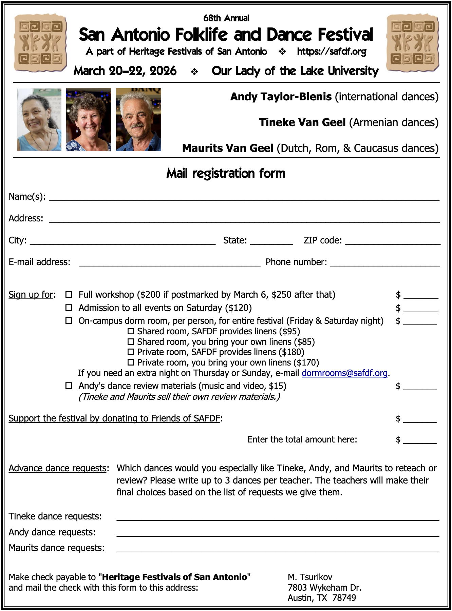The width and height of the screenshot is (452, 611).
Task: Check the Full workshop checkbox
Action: [x=69, y=294]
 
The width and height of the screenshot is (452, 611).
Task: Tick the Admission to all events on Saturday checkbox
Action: [x=69, y=308]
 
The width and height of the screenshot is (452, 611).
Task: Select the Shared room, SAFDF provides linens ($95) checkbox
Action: [x=131, y=331]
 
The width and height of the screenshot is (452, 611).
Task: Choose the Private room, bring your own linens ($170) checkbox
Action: [x=131, y=362]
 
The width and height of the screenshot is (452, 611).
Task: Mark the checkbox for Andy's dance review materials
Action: [x=69, y=386]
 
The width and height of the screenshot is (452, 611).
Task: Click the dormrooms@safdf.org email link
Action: [x=344, y=373]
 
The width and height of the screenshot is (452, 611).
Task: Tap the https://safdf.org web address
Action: [x=332, y=52]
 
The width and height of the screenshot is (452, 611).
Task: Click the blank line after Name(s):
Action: [x=244, y=198]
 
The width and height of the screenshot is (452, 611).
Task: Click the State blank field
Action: [x=271, y=241]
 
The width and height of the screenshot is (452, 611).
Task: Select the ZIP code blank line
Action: [x=393, y=241]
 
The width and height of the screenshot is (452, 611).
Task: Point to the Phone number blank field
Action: [x=385, y=263]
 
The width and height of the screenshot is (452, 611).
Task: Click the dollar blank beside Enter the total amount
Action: [x=420, y=440]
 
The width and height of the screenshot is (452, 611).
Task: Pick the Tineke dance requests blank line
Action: [x=278, y=517]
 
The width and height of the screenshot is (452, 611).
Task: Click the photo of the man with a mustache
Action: [x=138, y=119]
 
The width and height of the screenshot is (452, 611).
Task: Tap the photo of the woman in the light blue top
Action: [x=39, y=119]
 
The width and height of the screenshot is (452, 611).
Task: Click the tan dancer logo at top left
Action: [x=40, y=43]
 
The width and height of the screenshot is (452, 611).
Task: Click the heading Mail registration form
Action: [x=226, y=173]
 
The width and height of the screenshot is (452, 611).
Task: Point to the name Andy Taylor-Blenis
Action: [x=281, y=97]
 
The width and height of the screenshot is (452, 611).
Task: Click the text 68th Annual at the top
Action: [x=226, y=18]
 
